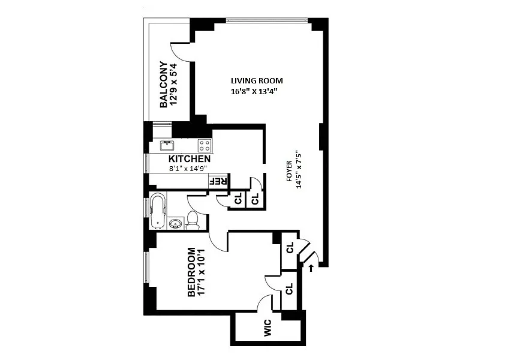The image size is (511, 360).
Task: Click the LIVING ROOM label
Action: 257,80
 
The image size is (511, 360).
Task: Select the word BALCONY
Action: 164,85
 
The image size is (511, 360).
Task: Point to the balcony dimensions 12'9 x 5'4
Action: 173,84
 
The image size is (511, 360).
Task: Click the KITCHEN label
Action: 190,159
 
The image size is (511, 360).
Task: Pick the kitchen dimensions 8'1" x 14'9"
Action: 188,168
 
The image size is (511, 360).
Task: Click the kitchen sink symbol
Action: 167,145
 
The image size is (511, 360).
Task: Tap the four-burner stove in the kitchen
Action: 205,145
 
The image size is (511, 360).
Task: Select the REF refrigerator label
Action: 217,181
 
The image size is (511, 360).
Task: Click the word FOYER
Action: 288,171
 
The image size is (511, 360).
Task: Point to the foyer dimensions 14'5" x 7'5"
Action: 299,170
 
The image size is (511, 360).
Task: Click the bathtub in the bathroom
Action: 158,211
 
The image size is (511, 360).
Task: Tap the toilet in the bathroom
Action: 193,220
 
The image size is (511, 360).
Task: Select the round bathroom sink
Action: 176,224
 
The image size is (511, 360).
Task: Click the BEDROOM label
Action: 192,272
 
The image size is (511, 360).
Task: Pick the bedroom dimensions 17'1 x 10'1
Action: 201,272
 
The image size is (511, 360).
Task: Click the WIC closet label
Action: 267,328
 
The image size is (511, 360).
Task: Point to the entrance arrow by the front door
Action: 311,268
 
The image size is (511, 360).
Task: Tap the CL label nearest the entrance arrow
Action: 290,247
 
